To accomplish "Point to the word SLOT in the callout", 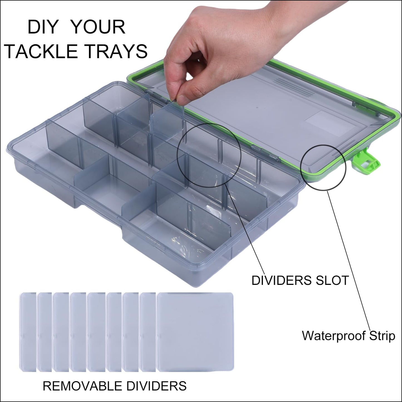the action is [x=329, y=280].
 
